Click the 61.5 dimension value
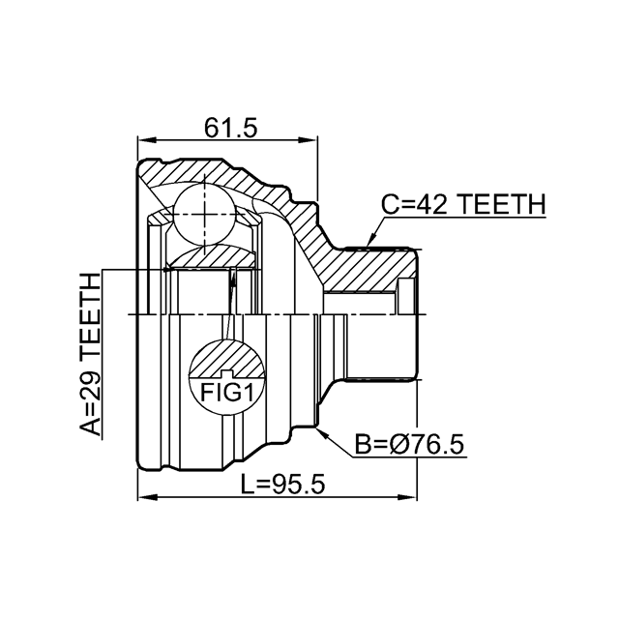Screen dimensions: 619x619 230,128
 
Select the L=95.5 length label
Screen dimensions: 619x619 283,485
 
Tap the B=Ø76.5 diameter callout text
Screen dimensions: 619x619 409,444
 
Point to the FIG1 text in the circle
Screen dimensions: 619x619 226,393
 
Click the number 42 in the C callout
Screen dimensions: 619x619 432,204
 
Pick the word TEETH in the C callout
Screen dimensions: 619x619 501,204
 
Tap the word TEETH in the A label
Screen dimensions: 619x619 90,316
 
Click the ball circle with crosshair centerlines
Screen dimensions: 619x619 204,214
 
